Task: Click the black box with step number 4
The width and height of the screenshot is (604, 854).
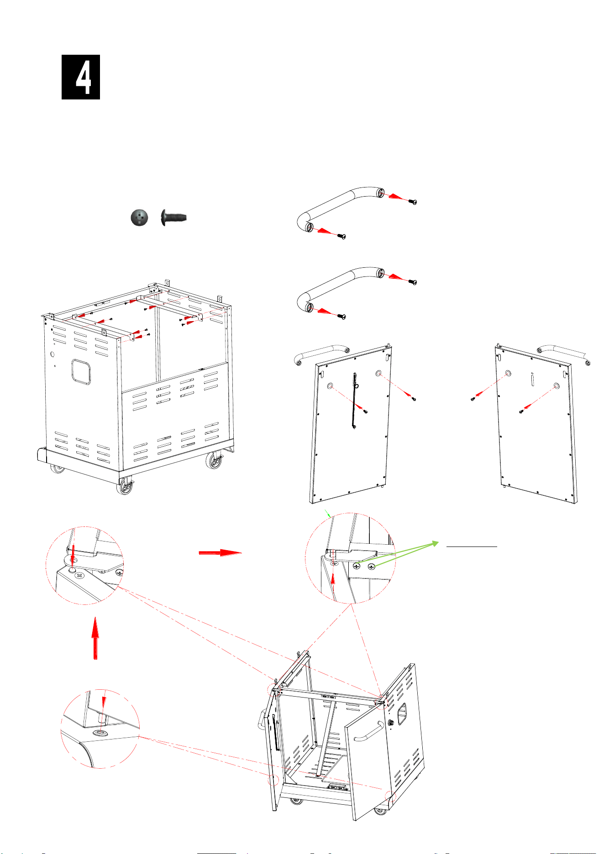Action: [81, 77]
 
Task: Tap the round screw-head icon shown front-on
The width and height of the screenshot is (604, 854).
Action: [139, 218]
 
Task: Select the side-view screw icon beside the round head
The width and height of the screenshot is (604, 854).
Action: [174, 218]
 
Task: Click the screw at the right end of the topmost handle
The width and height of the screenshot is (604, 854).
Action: [413, 201]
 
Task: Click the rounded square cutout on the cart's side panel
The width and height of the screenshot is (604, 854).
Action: [81, 372]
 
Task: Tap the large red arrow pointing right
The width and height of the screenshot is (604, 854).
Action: [220, 552]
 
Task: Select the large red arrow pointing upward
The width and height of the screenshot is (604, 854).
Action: [95, 638]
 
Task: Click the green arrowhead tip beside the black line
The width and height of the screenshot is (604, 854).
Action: [438, 542]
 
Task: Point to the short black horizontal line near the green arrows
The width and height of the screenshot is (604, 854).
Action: [472, 546]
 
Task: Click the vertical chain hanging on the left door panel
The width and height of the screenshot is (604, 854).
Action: [355, 401]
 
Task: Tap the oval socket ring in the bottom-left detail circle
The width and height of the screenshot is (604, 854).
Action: [100, 733]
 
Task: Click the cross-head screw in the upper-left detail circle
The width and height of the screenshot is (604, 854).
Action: [80, 575]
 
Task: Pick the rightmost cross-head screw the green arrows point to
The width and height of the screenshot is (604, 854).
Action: [371, 566]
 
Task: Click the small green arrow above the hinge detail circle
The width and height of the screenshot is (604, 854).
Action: [328, 513]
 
